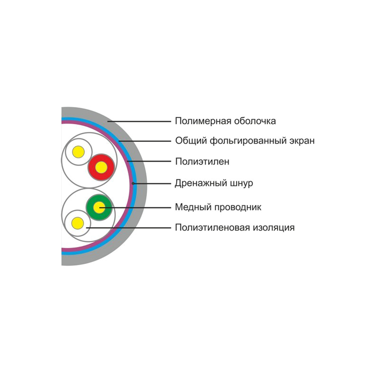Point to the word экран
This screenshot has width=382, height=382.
coord(302,141)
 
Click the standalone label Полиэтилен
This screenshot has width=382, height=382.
coord(202,162)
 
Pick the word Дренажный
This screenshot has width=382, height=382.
coord(201,183)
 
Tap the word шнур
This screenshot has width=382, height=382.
coord(242,183)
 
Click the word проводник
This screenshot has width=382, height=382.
coord(238,207)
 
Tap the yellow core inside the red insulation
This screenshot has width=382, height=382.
coord(101,167)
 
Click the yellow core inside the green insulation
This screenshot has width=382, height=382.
coord(99,208)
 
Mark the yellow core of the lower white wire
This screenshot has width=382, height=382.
coord(77,223)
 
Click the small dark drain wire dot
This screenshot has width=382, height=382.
coord(133,183)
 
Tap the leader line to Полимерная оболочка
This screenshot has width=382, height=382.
coord(139,121)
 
